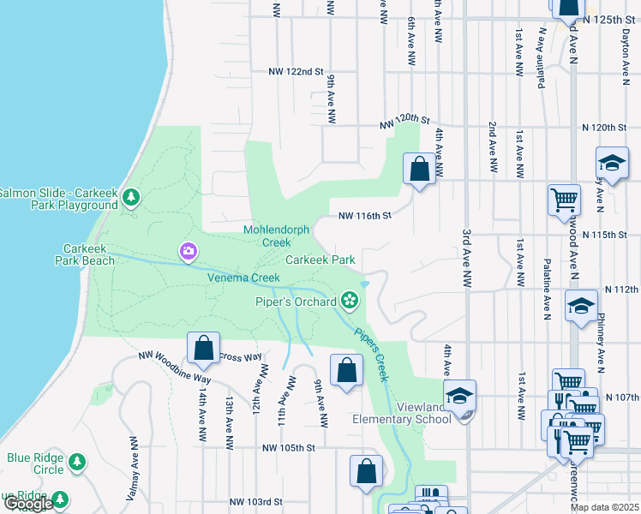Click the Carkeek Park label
point(320,260)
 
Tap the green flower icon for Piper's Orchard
point(349,300)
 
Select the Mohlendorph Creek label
point(280,236)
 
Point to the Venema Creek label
point(243,278)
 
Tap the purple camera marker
point(188,251)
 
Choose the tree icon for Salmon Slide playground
point(130,199)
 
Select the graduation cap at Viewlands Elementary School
point(460,395)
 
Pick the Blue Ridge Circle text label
point(35,463)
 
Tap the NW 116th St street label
point(364,216)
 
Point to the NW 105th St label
point(290,447)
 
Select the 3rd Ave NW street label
point(468,256)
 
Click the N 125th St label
point(611,18)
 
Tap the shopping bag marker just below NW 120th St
point(419,169)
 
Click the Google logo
point(27,505)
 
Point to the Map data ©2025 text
point(604,507)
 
